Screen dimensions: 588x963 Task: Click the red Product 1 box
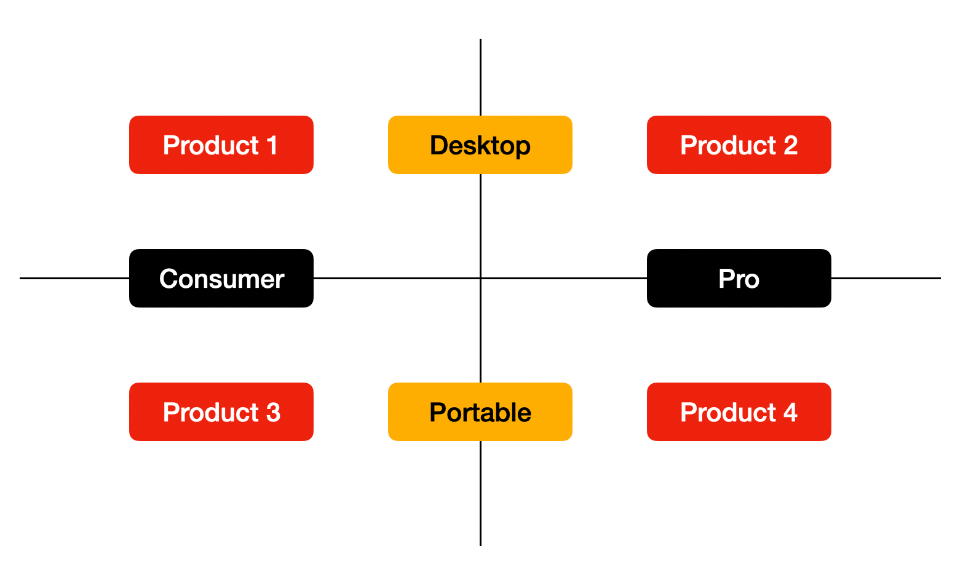tap(221, 145)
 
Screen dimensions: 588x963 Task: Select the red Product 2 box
tap(739, 145)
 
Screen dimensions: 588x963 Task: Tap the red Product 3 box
tap(221, 411)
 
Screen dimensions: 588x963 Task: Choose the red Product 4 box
tap(739, 411)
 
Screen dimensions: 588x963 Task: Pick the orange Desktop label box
tap(480, 145)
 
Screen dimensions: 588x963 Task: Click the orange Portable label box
tap(480, 411)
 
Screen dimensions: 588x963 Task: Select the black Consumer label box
tap(221, 278)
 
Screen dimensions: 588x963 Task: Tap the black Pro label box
tap(739, 278)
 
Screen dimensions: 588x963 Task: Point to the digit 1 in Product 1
tap(272, 146)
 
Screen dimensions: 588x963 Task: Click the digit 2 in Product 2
tap(790, 146)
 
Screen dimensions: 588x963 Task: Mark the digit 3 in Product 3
tap(273, 412)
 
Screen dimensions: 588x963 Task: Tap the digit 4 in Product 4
tap(790, 412)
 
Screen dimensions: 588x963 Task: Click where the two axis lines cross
tap(480, 278)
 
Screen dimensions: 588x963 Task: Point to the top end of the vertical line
tap(480, 41)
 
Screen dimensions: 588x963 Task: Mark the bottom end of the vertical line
tap(480, 544)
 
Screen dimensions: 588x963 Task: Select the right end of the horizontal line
tap(939, 278)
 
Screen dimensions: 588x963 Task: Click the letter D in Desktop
tap(438, 146)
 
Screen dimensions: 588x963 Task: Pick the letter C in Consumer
tap(168, 279)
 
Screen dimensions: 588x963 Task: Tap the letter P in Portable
tap(437, 412)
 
